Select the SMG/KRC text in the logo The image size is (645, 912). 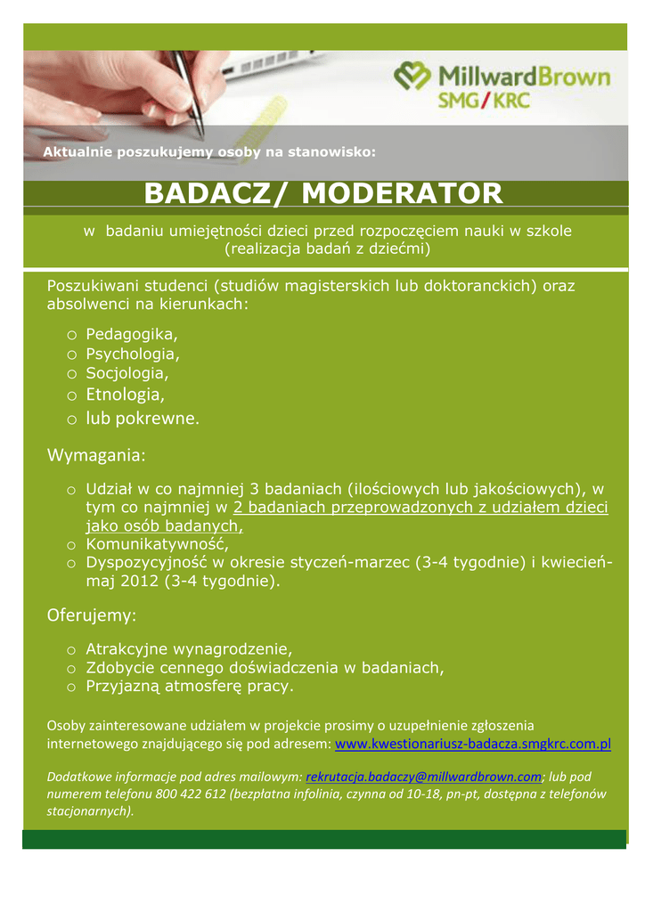pyautogui.click(x=484, y=101)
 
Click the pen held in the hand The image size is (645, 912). pyautogui.click(x=190, y=89)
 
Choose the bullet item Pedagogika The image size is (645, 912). pyautogui.click(x=132, y=334)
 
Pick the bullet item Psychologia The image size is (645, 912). pyautogui.click(x=133, y=354)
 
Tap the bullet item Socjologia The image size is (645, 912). pyautogui.click(x=127, y=373)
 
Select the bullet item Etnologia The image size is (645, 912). pyautogui.click(x=126, y=394)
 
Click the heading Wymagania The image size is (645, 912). pyautogui.click(x=96, y=456)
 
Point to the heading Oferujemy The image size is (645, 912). pyautogui.click(x=91, y=615)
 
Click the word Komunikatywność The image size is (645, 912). pyautogui.click(x=157, y=543)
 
